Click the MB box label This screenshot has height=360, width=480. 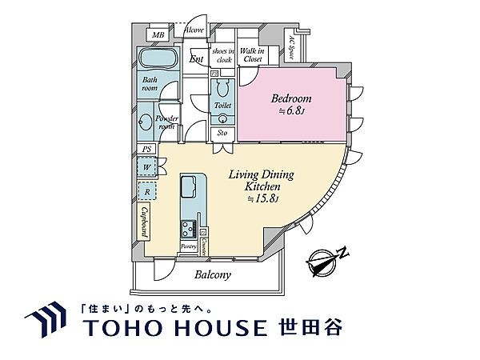point(158,35)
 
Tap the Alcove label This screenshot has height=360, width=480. point(194,30)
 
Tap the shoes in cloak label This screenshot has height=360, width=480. point(222,55)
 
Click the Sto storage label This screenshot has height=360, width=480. point(222,133)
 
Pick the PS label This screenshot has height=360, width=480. point(146,149)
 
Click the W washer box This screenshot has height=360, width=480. point(146,167)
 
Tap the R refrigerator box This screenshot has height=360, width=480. point(146,192)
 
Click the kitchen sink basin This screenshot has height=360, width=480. point(191,190)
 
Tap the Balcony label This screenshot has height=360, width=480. point(213,275)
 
